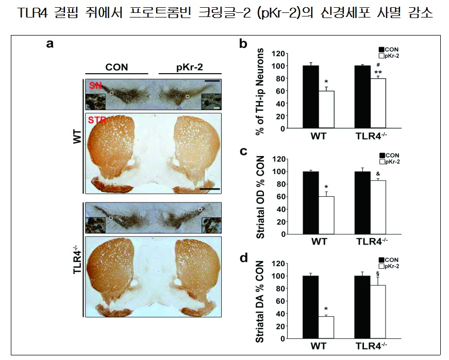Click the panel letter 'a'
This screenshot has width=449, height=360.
pos(49,44)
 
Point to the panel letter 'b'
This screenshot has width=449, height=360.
pos(244,44)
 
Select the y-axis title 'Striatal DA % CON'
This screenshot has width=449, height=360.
pos(261,301)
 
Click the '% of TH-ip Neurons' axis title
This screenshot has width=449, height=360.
pos(261,91)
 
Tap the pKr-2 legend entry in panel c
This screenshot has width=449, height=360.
pos(391,161)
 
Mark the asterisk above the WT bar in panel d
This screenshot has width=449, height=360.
pos(325,310)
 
